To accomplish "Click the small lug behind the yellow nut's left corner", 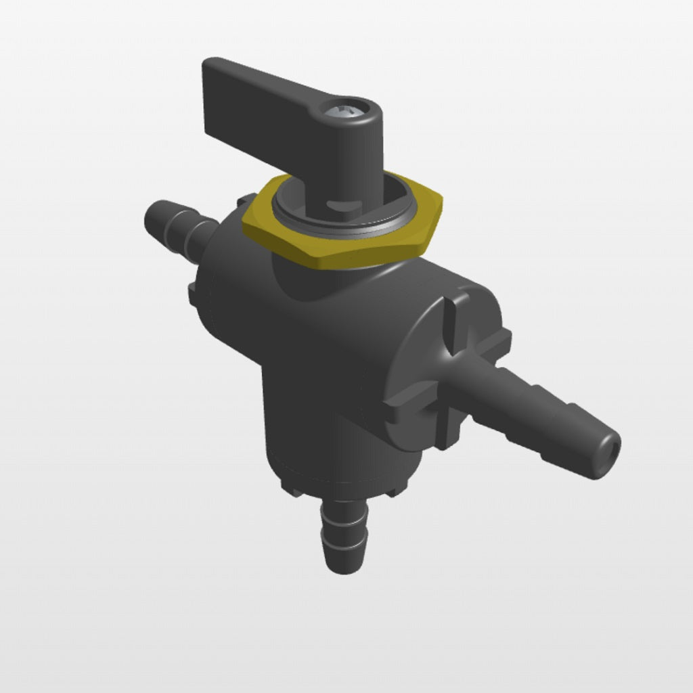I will pos(245,200).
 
